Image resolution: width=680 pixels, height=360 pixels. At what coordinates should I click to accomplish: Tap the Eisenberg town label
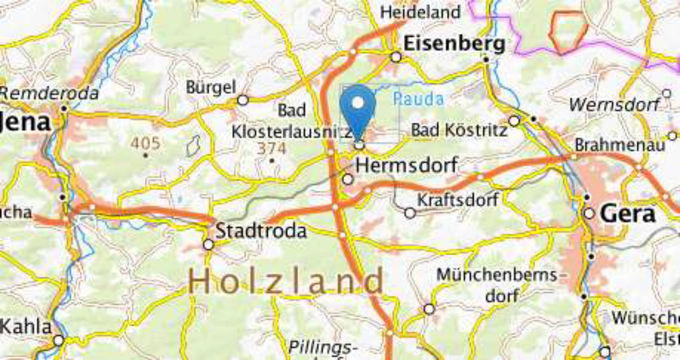(454, 44)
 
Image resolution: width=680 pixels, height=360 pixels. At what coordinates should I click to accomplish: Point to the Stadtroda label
(261, 231)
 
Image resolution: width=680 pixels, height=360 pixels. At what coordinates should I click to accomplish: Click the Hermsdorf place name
(407, 165)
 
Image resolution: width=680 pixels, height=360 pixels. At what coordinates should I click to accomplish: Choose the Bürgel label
(211, 87)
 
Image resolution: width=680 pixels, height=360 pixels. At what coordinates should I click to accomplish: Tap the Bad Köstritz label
(459, 130)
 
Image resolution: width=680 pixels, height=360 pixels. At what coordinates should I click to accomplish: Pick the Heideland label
(420, 12)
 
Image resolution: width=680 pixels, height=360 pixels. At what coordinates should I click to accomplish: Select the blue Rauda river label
(418, 99)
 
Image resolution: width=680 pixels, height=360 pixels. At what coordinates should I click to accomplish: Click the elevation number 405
(145, 143)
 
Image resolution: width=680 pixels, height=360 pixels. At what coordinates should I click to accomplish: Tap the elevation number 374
(272, 149)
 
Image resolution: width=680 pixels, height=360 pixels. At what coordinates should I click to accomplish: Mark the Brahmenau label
(620, 145)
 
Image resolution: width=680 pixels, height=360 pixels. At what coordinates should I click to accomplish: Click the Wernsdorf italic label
(614, 105)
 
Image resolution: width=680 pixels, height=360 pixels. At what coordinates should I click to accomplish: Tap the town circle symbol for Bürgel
(243, 100)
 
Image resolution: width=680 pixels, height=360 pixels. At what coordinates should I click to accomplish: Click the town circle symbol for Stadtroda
(208, 245)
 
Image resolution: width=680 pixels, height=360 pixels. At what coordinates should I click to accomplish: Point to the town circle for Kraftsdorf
(410, 213)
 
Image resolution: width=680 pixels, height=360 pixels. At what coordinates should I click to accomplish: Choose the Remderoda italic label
(49, 94)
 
